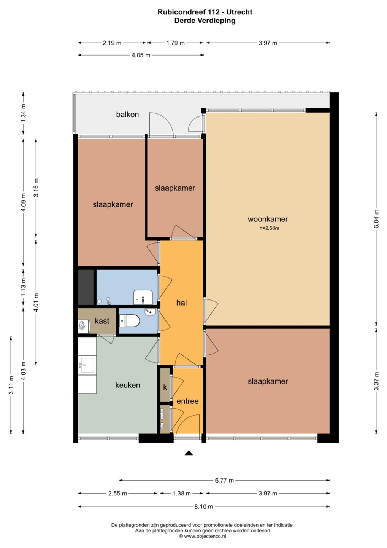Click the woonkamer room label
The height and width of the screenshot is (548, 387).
point(268,219)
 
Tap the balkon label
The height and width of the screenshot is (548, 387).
point(127,114)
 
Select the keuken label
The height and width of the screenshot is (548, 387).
point(127,385)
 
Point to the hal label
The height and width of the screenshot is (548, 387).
point(182,303)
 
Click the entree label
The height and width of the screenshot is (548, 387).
point(188,401)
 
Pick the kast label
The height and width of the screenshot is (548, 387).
point(102,321)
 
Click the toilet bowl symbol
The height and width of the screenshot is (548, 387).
point(129,320)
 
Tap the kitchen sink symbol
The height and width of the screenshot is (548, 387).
point(87,365)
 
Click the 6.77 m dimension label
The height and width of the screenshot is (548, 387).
point(224,480)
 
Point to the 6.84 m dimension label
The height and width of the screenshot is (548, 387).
point(376,219)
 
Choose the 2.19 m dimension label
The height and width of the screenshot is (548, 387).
point(112,43)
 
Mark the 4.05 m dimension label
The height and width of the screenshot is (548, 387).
point(141,55)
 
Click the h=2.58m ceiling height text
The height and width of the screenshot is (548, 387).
point(269,228)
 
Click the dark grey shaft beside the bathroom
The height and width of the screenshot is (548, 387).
point(86,287)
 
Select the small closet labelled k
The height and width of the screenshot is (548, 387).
point(165,387)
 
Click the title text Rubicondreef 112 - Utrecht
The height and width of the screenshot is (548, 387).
point(205,12)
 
